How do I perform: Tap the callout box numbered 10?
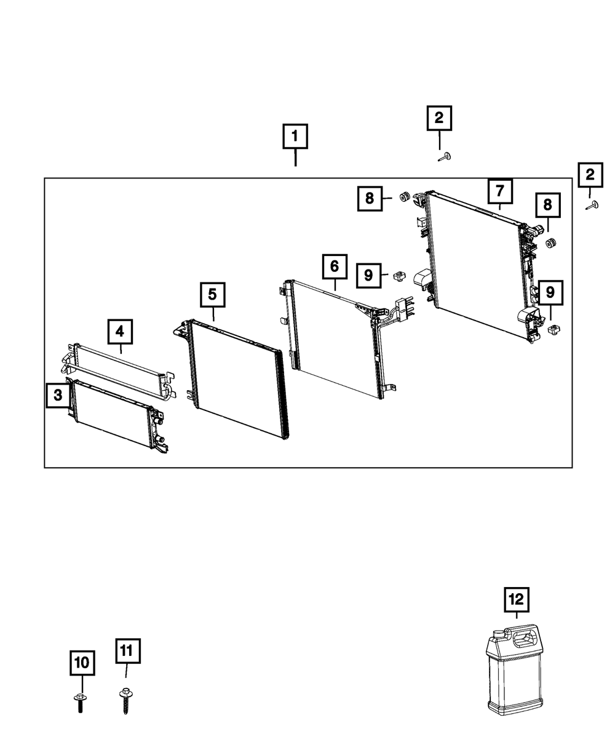(81, 663)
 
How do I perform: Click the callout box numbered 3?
(58, 395)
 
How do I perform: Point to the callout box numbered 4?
(120, 331)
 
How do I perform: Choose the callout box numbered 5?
(212, 295)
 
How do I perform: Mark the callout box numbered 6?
(334, 266)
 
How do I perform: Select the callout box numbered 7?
(500, 190)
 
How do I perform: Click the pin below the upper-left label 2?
(444, 158)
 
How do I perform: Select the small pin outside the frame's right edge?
(592, 206)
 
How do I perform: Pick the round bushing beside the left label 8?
(405, 197)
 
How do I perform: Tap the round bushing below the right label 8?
(551, 244)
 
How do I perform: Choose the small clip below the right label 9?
(553, 329)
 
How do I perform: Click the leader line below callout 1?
(295, 158)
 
